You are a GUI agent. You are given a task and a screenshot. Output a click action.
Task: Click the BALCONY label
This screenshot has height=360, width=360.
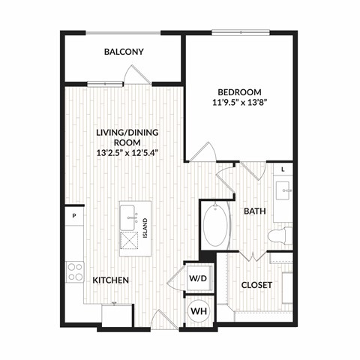pyautogui.click(x=123, y=52)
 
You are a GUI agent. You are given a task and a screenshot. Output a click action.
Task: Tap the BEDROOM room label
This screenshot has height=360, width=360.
pyautogui.click(x=238, y=84)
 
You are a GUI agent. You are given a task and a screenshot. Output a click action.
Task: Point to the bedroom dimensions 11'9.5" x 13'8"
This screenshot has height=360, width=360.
pyautogui.click(x=238, y=97)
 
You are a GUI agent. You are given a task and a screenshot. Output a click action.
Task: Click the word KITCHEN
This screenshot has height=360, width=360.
pyautogui.click(x=111, y=280)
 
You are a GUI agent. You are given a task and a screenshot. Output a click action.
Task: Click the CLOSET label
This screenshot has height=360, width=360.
pyautogui.click(x=256, y=285)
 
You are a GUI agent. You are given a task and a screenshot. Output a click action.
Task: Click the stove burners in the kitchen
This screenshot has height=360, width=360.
pyautogui.click(x=74, y=271)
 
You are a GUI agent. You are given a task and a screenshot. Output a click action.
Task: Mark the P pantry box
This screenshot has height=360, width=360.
pyautogui.click(x=74, y=216)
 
